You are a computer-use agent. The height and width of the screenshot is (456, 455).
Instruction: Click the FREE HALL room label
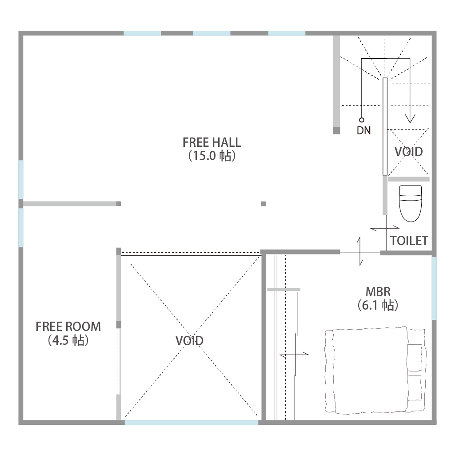pos(212,142)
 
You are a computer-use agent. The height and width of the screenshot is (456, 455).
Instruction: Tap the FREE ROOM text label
pos(68,327)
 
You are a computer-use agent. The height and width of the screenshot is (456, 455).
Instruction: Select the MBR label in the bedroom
pos(378,292)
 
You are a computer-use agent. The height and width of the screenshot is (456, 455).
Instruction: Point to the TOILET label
pos(409,241)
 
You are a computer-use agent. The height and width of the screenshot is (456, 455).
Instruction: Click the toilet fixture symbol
pos(410,204)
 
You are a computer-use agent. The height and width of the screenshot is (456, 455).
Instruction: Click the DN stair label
pos(364,131)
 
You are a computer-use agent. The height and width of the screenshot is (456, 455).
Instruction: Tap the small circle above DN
pos(361,120)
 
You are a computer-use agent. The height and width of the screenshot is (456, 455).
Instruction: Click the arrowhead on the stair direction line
pos(410,119)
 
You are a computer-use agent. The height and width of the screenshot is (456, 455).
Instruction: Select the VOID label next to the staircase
pos(408,152)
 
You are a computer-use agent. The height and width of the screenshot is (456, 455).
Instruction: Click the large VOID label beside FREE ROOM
pos(189,340)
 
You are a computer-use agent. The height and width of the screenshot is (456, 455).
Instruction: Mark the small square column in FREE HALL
pos(263,204)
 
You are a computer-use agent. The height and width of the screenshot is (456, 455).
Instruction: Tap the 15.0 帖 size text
pos(212,156)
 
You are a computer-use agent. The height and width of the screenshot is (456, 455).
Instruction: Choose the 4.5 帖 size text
pos(68,340)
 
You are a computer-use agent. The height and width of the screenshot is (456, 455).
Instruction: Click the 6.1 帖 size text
pos(378,305)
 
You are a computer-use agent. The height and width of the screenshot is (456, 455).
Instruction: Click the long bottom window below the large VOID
pos(192,422)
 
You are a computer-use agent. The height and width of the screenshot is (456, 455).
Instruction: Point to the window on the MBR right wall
pos(434,288)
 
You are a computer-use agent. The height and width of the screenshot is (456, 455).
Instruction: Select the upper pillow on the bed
pos(415,357)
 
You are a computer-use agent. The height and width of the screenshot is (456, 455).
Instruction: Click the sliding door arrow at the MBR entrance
pos(360,251)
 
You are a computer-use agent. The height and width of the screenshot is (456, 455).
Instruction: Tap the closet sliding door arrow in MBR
pos(294,355)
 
